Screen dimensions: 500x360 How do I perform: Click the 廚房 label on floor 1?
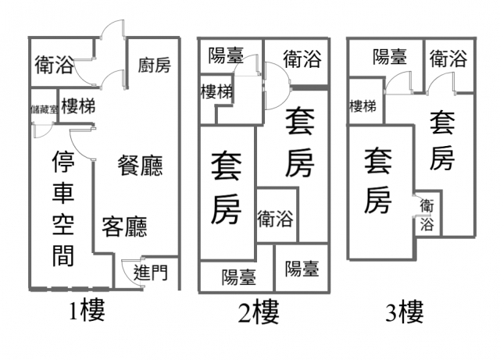point(155,66)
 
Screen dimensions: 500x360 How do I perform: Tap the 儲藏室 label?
point(45,109)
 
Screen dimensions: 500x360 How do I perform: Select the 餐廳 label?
point(141,166)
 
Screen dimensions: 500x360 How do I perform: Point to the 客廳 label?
point(125,226)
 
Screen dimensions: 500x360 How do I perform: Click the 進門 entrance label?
point(151,273)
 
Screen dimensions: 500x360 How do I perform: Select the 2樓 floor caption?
point(259,312)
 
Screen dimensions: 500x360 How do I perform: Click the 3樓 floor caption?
point(405,312)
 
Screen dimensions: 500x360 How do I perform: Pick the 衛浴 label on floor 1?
point(54,65)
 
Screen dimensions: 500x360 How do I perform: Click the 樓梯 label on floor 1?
point(78,106)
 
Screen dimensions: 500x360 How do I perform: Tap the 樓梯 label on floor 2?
point(217,92)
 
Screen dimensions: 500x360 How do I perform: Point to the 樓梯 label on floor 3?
point(362,106)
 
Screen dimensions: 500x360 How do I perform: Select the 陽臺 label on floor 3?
point(390,57)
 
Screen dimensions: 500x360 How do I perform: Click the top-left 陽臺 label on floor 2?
point(226,55)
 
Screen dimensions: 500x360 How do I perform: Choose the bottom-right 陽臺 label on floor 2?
point(302,269)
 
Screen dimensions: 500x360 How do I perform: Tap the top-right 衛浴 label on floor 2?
point(302,59)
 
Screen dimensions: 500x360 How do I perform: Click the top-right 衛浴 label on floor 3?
point(448,59)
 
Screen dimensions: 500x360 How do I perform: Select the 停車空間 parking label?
point(63,209)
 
